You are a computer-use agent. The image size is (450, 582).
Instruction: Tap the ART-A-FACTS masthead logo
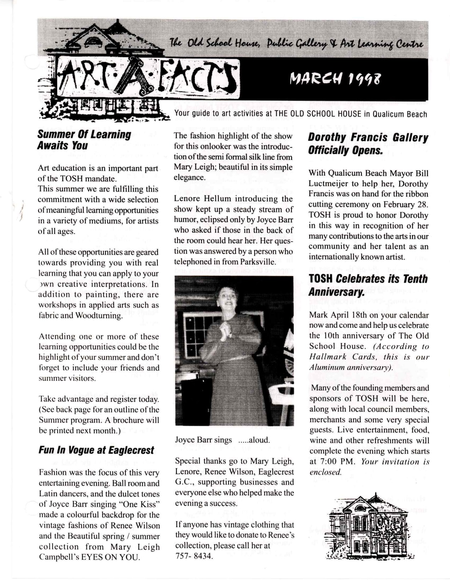[x=148, y=78]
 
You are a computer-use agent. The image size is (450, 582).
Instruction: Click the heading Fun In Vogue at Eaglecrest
[x=96, y=450]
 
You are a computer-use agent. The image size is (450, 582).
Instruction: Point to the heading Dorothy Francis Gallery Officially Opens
[x=368, y=144]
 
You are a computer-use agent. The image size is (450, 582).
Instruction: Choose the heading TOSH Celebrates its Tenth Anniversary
[x=368, y=285]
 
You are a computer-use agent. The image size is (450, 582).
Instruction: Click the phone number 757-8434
[x=194, y=556]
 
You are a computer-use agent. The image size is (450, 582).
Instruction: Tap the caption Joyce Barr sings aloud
[x=222, y=440]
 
